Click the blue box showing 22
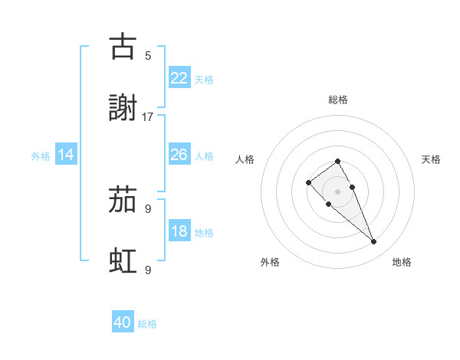[179, 77]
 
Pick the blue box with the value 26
[179, 155]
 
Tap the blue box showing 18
[179, 231]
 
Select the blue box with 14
[66, 155]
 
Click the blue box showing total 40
[123, 322]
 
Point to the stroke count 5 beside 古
[148, 55]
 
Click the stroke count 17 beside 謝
[148, 116]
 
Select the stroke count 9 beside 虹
[148, 270]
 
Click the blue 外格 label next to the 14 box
[41, 155]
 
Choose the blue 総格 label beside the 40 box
[147, 324]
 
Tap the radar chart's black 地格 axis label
[402, 262]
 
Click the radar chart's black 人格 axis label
[245, 159]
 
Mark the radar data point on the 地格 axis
[373, 242]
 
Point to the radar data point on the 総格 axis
[337, 161]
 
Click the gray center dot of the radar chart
[337, 191]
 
